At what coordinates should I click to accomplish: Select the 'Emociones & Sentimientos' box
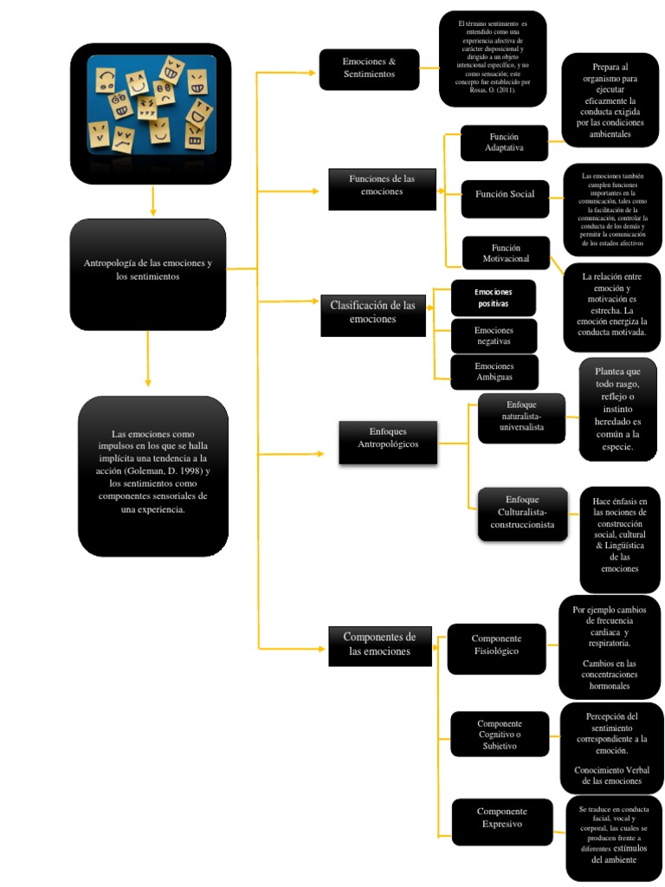[x=369, y=69]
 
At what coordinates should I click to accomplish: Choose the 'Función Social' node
[x=504, y=195]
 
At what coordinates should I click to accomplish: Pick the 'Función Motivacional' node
[x=505, y=254]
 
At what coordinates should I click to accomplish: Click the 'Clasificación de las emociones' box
[x=372, y=314]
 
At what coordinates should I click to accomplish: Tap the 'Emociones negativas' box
[x=494, y=336]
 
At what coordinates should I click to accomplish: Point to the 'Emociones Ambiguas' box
[x=494, y=372]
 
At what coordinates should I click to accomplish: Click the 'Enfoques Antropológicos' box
[x=387, y=438]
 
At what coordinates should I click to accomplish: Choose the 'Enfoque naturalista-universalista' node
[x=521, y=418]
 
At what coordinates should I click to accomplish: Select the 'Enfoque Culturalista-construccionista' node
[x=522, y=514]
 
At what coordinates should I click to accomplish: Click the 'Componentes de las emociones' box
[x=380, y=645]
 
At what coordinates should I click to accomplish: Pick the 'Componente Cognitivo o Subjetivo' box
[x=500, y=734]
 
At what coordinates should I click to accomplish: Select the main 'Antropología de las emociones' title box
[x=147, y=270]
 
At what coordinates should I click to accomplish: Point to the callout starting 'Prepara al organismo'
[x=610, y=100]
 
